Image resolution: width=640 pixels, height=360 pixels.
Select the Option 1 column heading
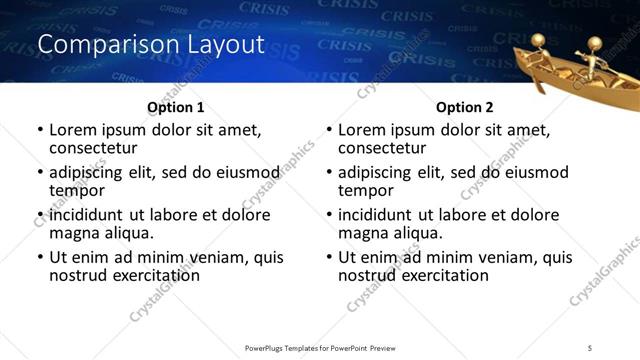176,106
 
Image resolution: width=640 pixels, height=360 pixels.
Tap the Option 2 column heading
464,106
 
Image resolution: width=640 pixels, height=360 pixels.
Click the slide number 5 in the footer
590,347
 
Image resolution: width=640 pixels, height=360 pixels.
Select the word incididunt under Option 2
380,215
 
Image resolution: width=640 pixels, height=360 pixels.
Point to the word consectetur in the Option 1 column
93,148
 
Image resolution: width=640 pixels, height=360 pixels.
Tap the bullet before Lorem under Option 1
40,130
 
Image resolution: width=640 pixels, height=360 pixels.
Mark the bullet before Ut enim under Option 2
328,257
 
